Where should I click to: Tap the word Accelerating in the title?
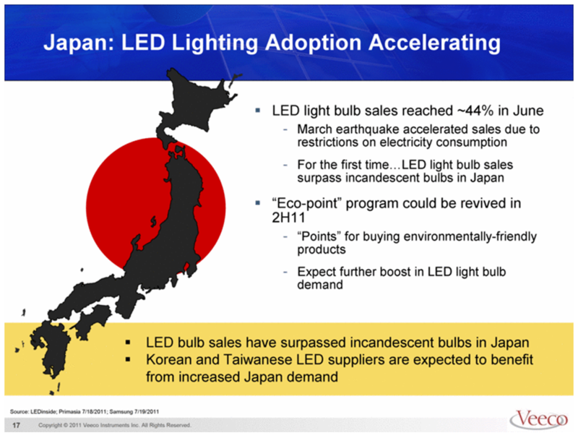tap(435, 43)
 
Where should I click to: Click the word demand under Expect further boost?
tap(320, 285)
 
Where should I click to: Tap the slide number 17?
tap(16, 425)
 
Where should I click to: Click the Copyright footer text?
tap(115, 425)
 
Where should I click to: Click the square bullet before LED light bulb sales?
tap(258, 111)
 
